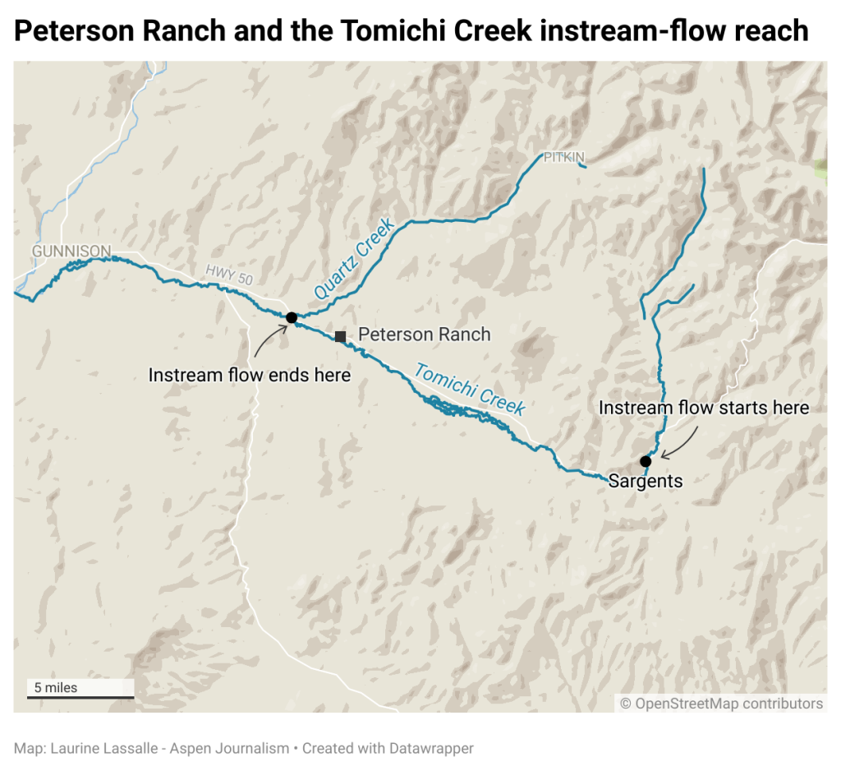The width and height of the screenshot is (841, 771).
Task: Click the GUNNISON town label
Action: point(71,250)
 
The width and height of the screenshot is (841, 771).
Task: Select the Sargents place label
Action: point(646,481)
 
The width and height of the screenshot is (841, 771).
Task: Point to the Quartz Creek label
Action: point(354,259)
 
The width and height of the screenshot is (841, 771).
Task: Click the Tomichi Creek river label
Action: point(469,390)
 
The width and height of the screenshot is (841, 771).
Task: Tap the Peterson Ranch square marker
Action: point(340,336)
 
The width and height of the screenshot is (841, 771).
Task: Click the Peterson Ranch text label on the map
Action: point(424,335)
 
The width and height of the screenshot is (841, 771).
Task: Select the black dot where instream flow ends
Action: point(291,317)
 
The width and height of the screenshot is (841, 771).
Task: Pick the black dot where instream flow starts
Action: point(646,461)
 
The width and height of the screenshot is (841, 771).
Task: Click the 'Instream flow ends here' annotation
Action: point(250,376)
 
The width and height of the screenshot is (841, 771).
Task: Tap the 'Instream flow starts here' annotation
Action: point(704,408)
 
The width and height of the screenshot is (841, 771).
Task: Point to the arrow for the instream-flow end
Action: point(268,342)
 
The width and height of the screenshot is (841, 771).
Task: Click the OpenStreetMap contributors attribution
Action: point(721,704)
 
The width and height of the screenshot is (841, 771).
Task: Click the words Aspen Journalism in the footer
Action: point(239,749)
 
